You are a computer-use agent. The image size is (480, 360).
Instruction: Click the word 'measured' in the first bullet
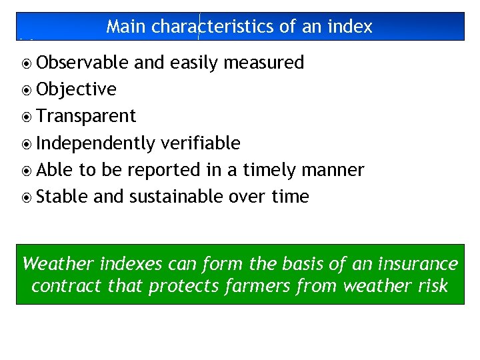(264, 63)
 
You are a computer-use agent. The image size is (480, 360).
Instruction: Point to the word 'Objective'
(77, 89)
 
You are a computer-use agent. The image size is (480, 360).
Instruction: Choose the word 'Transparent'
(86, 116)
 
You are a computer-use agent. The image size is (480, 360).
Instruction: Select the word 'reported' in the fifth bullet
(164, 170)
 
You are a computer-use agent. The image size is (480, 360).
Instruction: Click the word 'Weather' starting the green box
(58, 264)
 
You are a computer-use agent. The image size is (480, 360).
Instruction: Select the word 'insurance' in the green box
(417, 264)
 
